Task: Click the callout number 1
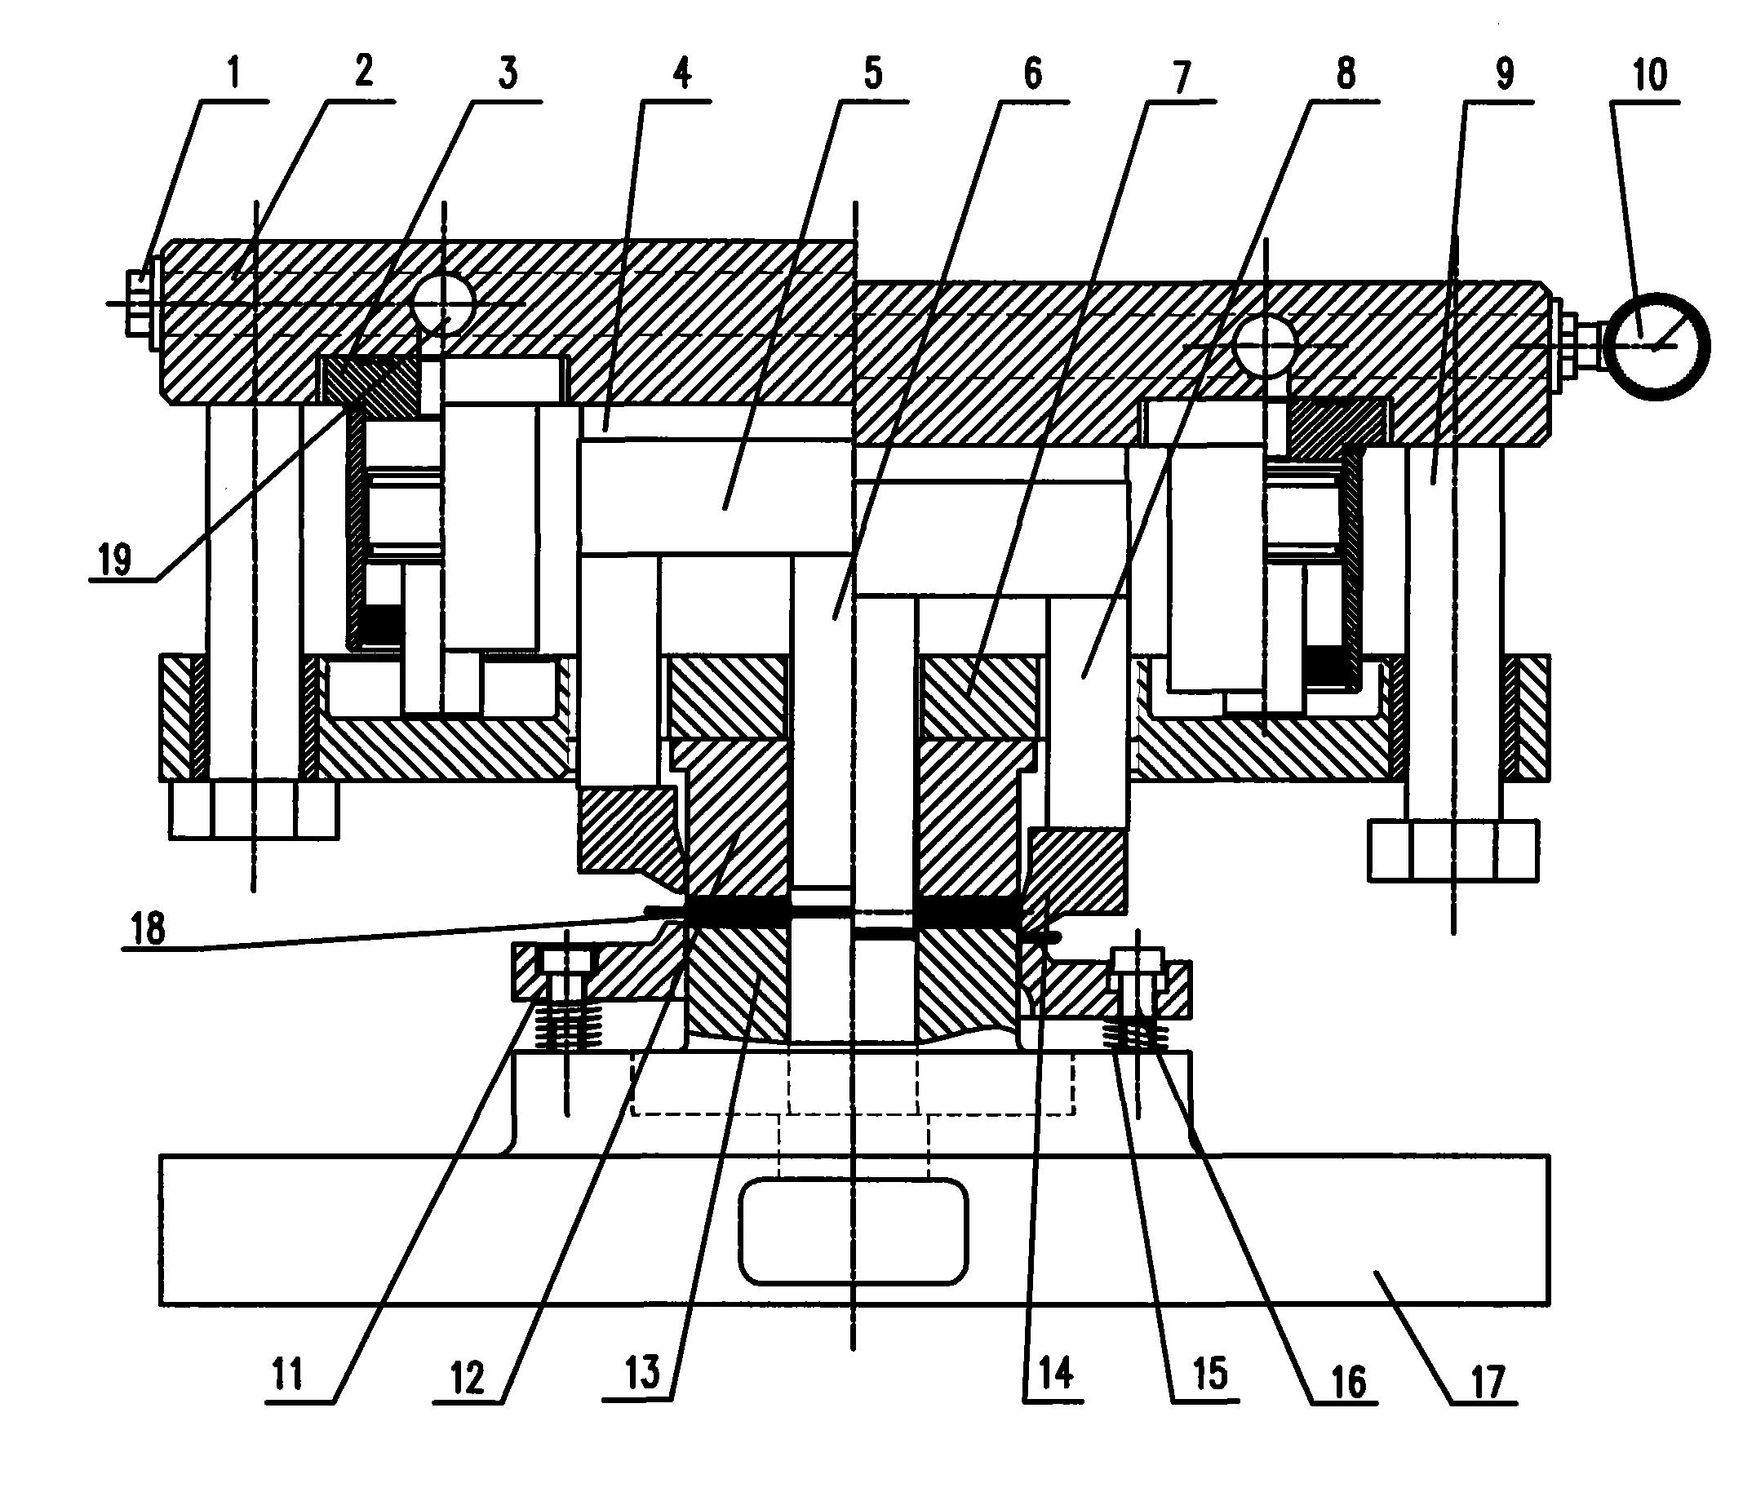click(x=235, y=75)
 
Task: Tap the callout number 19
click(x=114, y=560)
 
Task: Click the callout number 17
click(x=1487, y=1383)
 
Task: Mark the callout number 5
click(x=873, y=74)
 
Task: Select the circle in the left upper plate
click(x=442, y=303)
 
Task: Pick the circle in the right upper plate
click(x=1265, y=346)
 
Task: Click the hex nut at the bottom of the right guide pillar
click(x=1453, y=850)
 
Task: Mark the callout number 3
click(x=508, y=74)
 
